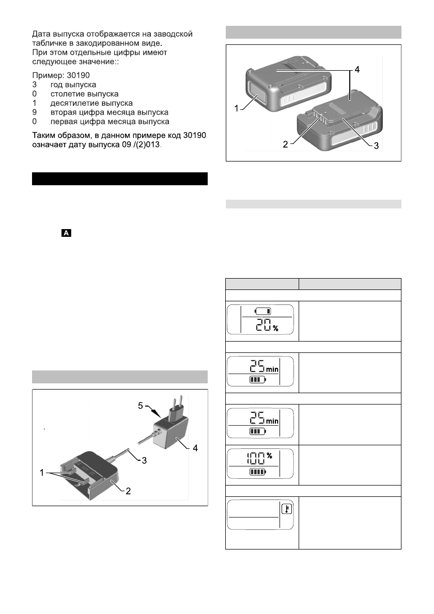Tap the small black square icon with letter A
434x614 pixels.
pyautogui.click(x=66, y=234)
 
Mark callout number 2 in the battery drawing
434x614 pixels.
pyautogui.click(x=285, y=146)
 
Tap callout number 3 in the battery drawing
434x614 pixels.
pyautogui.click(x=376, y=146)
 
